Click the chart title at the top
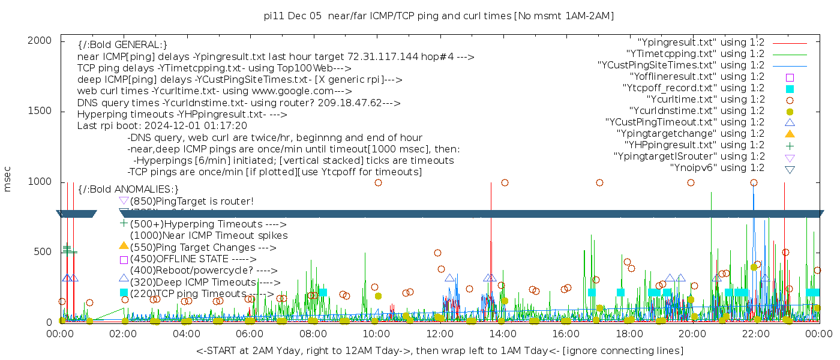pos(439,16)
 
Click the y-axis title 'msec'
pos(8,179)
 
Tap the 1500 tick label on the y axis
pos(40,111)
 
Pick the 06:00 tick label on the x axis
pos(250,333)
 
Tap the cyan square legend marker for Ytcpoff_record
pos(790,88)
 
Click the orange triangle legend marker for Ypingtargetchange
pos(790,134)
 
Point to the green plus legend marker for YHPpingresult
pos(790,145)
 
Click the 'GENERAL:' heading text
pos(122,45)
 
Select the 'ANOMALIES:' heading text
pos(128,190)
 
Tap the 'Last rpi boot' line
pos(162,126)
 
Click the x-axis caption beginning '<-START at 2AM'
pos(439,350)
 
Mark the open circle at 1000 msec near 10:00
pos(378,183)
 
